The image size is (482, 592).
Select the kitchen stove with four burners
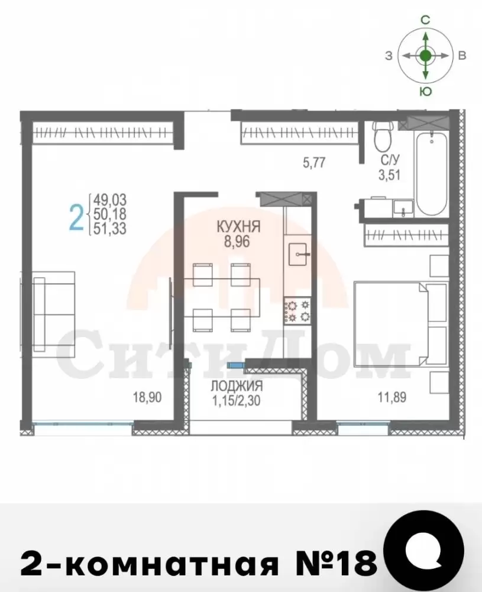point(297,310)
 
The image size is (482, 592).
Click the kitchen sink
point(299,254)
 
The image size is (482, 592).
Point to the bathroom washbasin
point(403,208)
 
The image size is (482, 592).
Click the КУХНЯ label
point(238,227)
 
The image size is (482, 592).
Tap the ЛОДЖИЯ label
point(237,386)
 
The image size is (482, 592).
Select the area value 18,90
point(147,397)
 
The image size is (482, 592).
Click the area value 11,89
point(392,397)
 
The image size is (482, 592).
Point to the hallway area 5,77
point(314,163)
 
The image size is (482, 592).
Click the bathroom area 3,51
point(389,175)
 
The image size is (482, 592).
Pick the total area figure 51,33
point(110,229)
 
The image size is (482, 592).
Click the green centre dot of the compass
point(425,56)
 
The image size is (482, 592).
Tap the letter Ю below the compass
point(425,91)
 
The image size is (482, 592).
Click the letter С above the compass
point(425,20)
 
